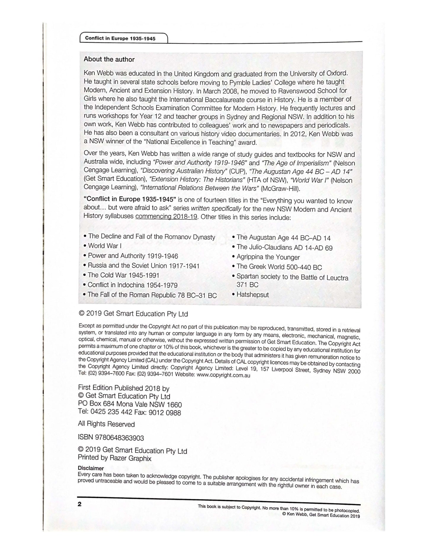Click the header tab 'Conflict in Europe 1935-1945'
(120, 39)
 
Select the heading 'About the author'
(109, 59)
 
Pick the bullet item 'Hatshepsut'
(252, 295)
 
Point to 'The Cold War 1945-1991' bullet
(123, 275)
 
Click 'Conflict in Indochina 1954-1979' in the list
(132, 285)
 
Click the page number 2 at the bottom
(79, 504)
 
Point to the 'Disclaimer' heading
(91, 468)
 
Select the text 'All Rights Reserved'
(106, 424)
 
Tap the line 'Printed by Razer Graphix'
(115, 458)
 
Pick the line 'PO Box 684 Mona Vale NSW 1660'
(130, 404)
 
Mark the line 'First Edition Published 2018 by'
(124, 388)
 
